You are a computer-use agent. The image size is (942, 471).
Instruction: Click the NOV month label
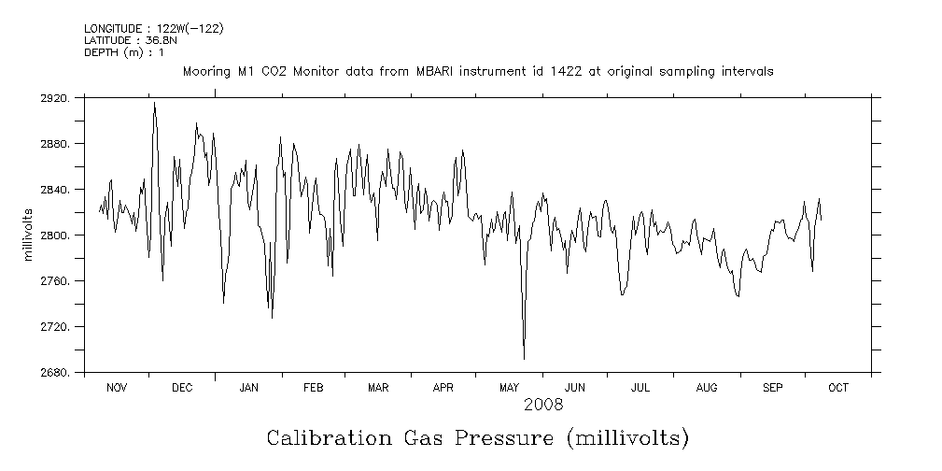[117, 388]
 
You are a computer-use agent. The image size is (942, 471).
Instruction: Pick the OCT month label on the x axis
[838, 388]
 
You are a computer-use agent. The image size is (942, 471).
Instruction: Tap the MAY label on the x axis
[510, 388]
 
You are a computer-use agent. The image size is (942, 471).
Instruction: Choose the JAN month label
[248, 388]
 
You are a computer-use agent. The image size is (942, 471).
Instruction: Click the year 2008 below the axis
[542, 405]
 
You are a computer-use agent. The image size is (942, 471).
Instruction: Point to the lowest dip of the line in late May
[524, 358]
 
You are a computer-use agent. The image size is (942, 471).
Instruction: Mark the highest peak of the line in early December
[154, 103]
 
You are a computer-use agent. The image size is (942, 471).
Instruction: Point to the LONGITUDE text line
[153, 29]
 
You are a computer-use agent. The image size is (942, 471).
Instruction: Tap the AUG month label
[707, 388]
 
